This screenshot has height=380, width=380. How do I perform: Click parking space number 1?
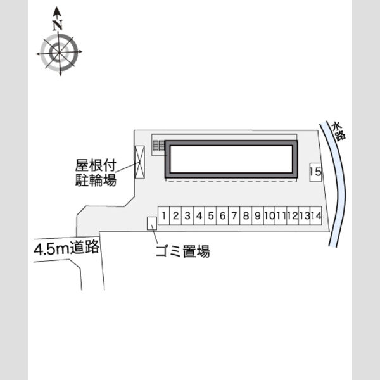164,216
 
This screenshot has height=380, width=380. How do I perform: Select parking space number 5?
211,216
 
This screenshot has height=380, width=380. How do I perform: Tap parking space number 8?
246,216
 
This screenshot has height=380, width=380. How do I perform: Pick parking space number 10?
270,216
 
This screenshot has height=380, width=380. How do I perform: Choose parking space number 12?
293,216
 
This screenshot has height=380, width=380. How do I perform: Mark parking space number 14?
316,216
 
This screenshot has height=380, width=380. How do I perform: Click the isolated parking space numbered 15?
315,172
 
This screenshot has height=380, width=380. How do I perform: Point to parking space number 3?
187,216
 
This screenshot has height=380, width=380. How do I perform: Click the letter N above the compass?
58,25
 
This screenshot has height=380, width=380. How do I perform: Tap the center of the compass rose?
59,52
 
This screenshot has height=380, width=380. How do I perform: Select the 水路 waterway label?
339,131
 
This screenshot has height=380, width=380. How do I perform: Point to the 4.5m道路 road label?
66,248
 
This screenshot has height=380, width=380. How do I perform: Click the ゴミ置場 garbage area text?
183,251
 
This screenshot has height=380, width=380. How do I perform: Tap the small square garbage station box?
152,223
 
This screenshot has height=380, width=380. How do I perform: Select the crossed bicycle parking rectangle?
139,162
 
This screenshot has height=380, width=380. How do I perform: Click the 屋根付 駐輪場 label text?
96,173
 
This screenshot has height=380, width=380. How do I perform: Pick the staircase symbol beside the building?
158,146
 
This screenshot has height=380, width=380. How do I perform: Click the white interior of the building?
231,159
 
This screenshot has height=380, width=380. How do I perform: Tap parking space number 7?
234,216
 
